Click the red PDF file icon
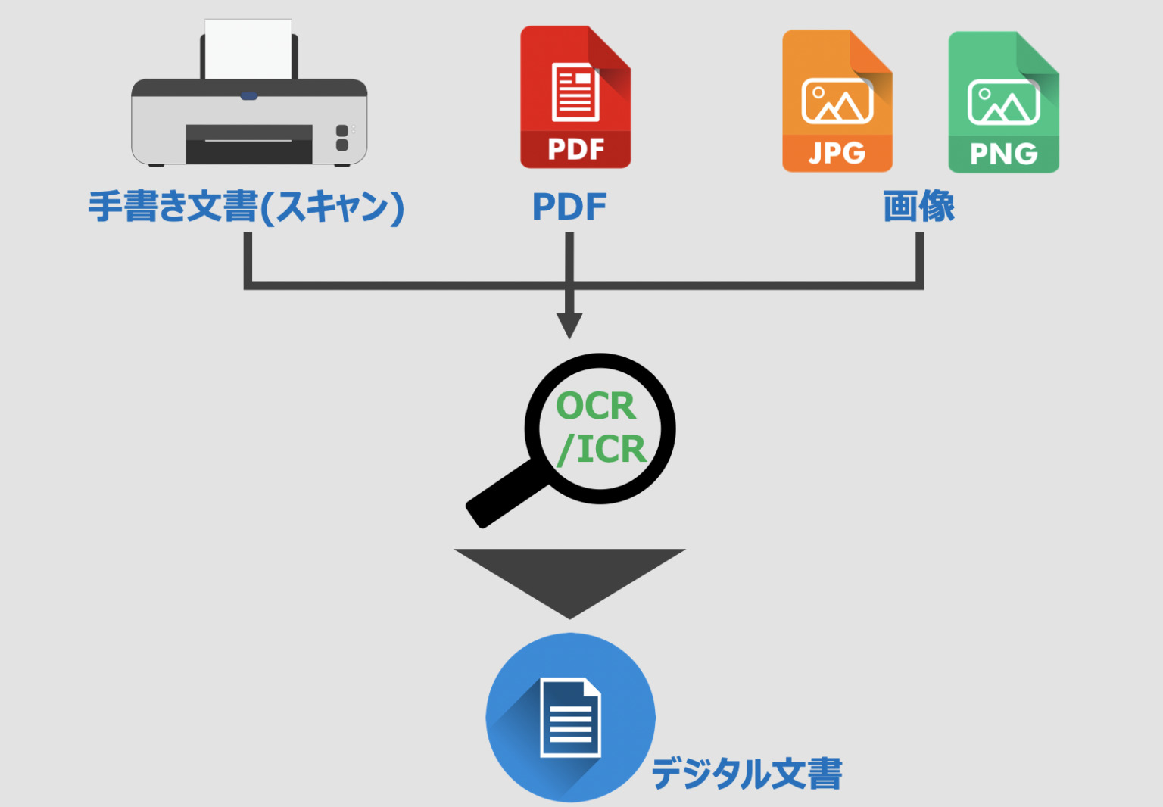pos(575,97)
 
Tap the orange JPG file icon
pos(837,101)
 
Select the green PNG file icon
pos(1003,102)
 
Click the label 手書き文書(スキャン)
pos(246,207)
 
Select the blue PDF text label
pos(569,207)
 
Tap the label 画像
pos(919,207)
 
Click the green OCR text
pos(596,407)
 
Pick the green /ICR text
pos(602,450)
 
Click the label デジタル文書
pos(747,774)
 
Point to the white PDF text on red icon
pos(575,149)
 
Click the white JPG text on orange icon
pos(837,153)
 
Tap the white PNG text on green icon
pos(1003,154)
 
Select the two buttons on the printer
pos(342,138)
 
